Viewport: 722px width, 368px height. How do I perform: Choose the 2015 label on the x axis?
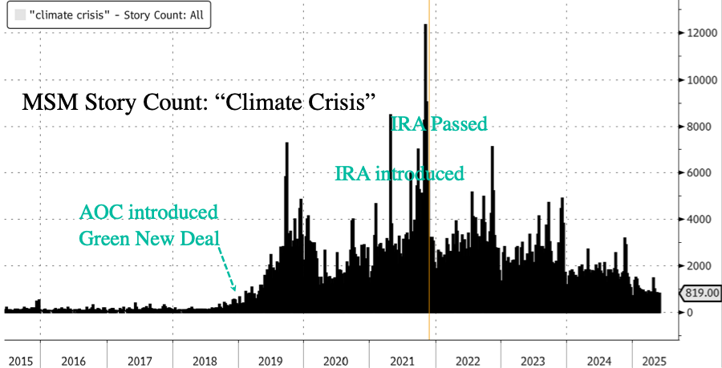click(20, 361)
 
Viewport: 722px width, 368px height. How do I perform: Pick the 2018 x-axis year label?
click(205, 361)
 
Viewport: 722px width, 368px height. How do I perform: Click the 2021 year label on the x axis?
click(400, 361)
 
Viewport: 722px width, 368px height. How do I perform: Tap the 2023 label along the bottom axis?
click(532, 361)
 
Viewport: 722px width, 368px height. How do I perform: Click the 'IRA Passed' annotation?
click(439, 124)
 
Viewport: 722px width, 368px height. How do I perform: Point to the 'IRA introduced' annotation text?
click(399, 173)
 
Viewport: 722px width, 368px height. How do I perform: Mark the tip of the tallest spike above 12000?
click(424, 26)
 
